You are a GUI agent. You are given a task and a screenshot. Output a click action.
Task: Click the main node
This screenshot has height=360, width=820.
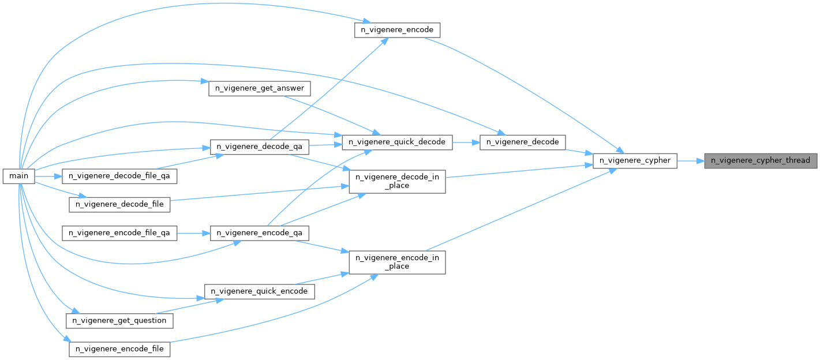coord(19,175)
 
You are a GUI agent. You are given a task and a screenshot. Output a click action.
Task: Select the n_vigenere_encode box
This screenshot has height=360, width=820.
coord(397,30)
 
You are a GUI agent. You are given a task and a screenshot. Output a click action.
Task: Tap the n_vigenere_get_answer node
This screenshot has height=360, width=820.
coord(259,89)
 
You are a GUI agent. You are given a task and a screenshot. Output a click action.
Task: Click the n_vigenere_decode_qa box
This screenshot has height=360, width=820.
coord(259,147)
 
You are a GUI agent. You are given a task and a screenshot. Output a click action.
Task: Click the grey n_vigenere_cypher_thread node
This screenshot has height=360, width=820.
coord(761,160)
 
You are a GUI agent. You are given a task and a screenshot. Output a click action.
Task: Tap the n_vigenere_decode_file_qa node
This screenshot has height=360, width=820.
coord(119,175)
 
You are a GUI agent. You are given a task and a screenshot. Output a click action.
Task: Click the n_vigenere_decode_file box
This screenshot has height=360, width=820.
coord(119,204)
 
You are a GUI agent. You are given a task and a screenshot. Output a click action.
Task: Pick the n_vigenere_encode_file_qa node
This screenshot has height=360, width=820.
coord(119,233)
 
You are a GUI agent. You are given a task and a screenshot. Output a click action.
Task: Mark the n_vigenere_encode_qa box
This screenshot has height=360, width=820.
coord(259,233)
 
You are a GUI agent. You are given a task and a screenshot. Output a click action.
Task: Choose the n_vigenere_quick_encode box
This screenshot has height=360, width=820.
coord(259,291)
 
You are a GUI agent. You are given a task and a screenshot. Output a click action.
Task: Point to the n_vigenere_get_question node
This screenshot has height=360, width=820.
coord(119,320)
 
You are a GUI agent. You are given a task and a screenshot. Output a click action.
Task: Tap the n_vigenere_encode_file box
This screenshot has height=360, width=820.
coord(119,349)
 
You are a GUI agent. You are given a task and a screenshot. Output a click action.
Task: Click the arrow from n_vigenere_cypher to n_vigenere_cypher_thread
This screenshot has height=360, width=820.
coord(690,160)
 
